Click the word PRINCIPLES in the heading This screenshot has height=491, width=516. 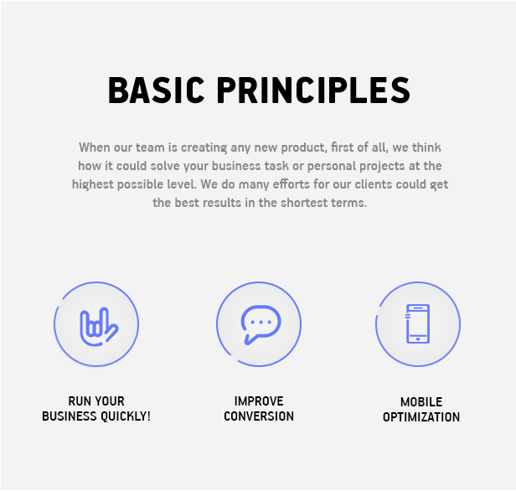[x=313, y=90]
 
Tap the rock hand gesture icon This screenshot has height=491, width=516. [x=99, y=327]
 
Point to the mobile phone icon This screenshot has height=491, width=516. [x=418, y=323]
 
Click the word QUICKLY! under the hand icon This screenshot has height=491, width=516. [x=126, y=416]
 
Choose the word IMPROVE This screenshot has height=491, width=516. [x=259, y=401]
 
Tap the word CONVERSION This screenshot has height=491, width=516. [x=259, y=416]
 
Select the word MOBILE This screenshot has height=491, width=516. [x=421, y=402]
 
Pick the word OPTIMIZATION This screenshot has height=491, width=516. [x=421, y=417]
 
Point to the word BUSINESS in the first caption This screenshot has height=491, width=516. [x=70, y=416]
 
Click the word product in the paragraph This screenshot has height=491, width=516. [x=304, y=147]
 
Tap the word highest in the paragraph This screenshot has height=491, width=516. [x=93, y=184]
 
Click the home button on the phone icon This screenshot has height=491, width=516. [x=418, y=339]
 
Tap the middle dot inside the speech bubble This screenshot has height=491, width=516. [x=261, y=323]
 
